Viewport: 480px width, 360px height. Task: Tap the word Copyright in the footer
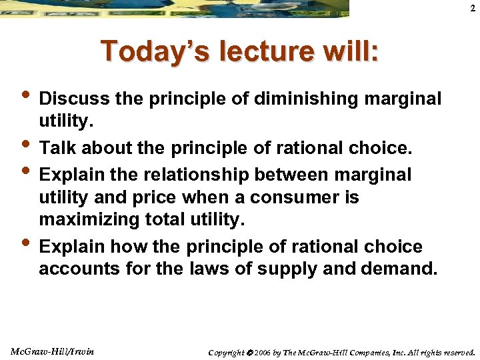[x=227, y=352]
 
